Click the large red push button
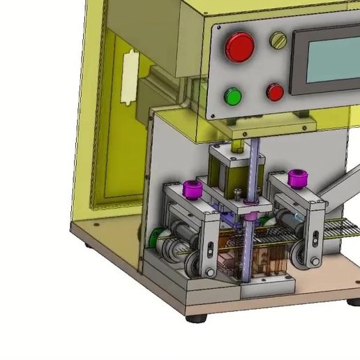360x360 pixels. click(241, 47)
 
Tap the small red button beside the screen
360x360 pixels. click(275, 92)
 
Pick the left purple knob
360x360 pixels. click(191, 188)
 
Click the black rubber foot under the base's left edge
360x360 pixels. click(89, 244)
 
